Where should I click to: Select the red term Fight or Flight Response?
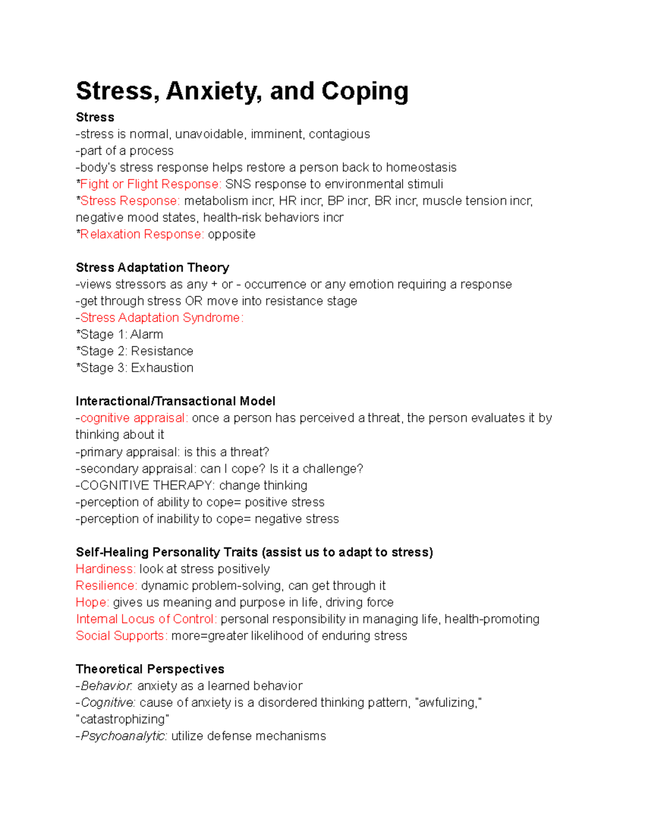[x=150, y=184]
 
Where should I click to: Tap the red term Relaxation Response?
[x=142, y=234]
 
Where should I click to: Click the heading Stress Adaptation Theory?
[x=153, y=268]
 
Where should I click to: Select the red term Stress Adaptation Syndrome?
[x=162, y=318]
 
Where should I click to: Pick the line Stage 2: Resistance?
[x=135, y=351]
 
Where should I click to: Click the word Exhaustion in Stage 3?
[x=162, y=368]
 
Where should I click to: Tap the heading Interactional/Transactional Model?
[x=176, y=401]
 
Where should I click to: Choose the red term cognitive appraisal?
[x=134, y=418]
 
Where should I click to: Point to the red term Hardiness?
[x=105, y=569]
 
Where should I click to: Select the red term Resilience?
[x=106, y=586]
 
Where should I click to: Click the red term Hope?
[x=92, y=602]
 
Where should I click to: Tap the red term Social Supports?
[x=121, y=636]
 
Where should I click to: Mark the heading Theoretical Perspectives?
[x=150, y=669]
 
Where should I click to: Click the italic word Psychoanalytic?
[x=124, y=736]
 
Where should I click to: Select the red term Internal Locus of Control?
[x=146, y=619]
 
